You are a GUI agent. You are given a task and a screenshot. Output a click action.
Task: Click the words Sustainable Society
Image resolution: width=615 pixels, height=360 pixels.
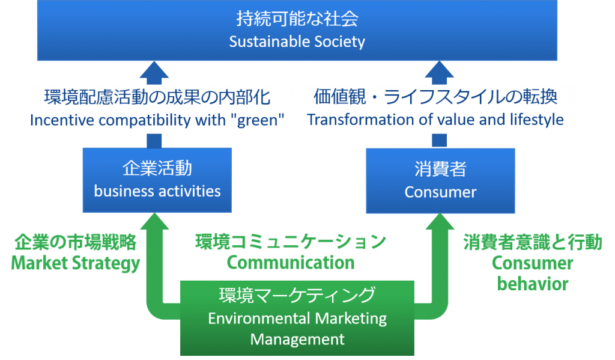297,41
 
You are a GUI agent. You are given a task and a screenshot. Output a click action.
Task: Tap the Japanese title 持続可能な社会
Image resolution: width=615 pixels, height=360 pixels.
297,19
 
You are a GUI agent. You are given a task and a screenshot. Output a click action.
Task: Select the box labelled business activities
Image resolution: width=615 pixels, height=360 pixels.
157,180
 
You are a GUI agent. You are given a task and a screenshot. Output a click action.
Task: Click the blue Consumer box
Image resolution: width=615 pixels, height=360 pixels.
440,181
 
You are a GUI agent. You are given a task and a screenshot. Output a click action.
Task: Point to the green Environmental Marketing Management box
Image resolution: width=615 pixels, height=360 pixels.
297,318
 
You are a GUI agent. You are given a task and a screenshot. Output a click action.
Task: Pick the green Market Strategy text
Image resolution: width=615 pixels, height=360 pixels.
75,263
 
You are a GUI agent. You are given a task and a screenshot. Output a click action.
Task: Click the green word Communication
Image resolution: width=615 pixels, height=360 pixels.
291,263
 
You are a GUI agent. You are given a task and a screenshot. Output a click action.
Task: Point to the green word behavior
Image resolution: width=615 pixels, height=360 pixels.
533,284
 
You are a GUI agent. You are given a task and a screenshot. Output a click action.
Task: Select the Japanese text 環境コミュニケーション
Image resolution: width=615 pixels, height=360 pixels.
291,242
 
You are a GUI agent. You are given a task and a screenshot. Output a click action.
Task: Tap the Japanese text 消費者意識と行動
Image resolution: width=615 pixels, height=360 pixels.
533,242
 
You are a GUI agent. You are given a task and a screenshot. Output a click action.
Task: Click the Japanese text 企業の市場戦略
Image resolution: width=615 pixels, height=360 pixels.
75,242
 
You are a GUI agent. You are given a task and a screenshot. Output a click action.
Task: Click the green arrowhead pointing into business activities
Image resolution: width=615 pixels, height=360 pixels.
154,221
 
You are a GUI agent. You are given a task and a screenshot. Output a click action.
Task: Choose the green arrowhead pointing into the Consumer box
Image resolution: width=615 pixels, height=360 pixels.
440,222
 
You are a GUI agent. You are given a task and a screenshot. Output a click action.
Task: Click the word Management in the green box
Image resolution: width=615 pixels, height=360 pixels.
297,339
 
